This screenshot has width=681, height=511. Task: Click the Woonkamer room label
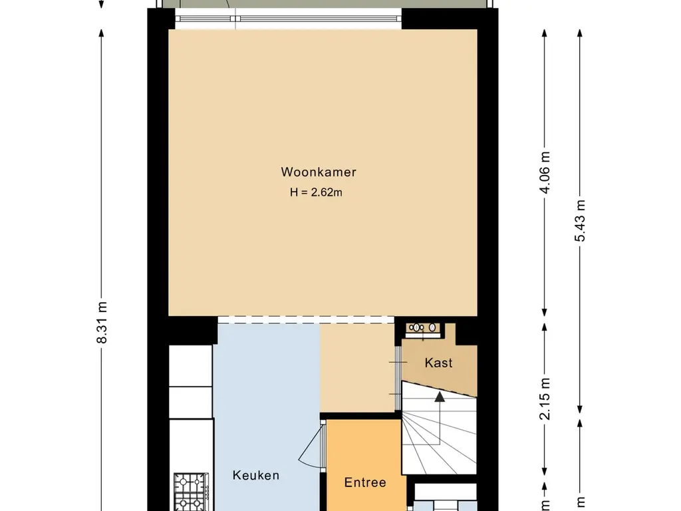point(319,172)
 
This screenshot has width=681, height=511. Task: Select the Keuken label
point(256,475)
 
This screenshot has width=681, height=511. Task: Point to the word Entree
point(364,482)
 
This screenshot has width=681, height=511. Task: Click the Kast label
point(438,363)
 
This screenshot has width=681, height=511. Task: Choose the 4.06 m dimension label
point(545,172)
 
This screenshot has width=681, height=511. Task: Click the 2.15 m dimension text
point(545,399)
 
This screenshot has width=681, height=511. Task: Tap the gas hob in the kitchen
point(192,491)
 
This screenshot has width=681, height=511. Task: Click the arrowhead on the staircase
point(439,397)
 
